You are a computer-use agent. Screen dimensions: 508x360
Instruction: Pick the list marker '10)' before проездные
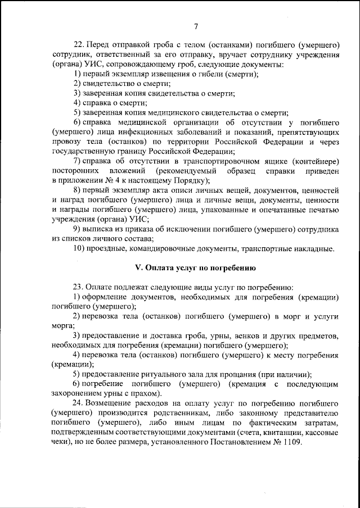coord(80,248)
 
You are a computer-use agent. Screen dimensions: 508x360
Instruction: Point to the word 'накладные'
coord(313,248)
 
